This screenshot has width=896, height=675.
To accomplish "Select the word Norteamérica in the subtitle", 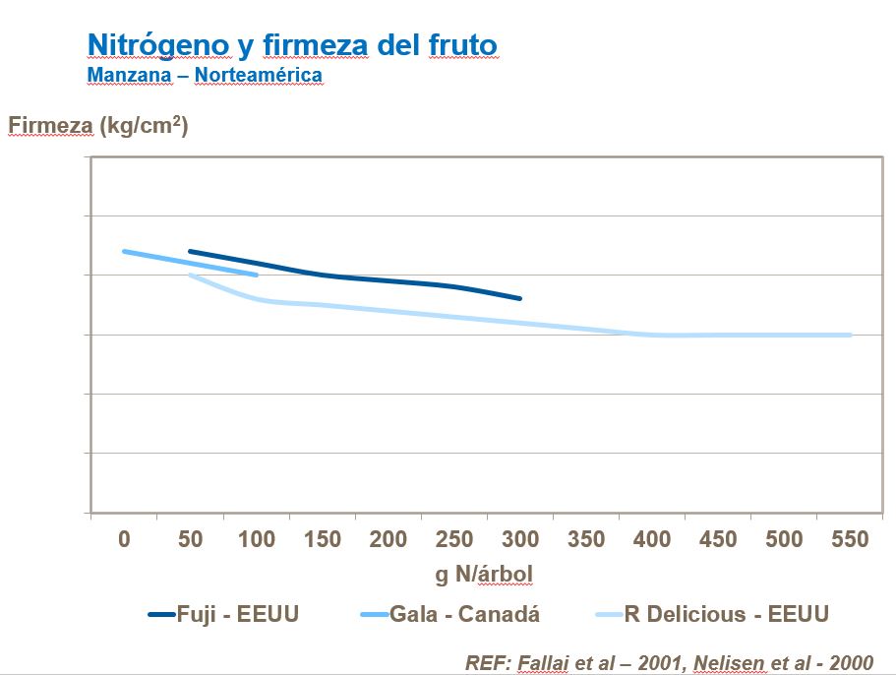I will coord(259,75).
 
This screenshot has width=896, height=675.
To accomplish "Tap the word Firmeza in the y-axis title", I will coord(50,126).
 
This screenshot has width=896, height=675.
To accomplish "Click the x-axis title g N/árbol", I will coord(485,573).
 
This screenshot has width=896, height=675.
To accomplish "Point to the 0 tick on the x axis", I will coord(124,539).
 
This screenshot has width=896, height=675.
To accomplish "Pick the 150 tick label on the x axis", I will coord(323,539).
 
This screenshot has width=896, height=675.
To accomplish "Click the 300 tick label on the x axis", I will coord(520,539).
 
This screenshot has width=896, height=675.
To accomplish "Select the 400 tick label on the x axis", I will coord(652,539).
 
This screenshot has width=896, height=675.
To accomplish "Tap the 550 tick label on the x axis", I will coord(850,539).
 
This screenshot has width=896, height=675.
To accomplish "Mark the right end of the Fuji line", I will coord(520,298).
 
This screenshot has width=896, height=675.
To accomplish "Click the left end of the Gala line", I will coord(124,251).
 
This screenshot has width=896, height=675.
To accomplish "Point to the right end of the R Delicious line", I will coord(850,335).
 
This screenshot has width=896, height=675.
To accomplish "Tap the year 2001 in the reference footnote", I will coord(621,662).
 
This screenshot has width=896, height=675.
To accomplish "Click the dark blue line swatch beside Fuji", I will coord(161,615).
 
